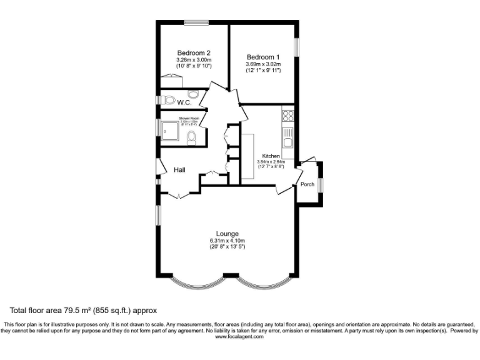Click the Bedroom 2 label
193,52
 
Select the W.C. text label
184,102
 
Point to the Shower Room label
189,117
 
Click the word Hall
180,170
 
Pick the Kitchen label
271,156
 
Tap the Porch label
307,184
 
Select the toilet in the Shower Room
192,137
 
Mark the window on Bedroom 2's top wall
196,23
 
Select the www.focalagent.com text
239,336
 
